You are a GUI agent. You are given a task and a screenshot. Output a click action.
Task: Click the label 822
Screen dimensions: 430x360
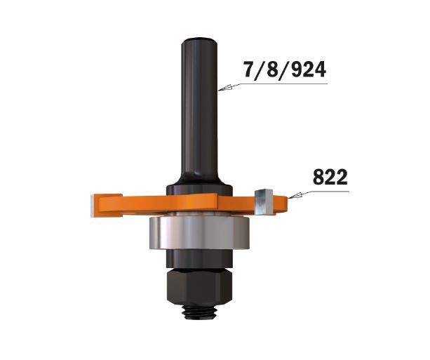pos(330,178)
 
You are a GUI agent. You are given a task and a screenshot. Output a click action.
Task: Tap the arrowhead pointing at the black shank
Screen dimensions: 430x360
pos(225,88)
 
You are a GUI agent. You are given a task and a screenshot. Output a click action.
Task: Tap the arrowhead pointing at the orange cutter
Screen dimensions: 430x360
pos(294,196)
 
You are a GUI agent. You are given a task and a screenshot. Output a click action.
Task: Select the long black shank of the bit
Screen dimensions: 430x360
pos(200,109)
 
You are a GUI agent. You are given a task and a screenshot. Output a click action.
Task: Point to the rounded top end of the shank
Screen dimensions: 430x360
pos(200,41)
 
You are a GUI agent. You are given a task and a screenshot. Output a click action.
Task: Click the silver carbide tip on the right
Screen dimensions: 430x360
pos(263,202)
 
